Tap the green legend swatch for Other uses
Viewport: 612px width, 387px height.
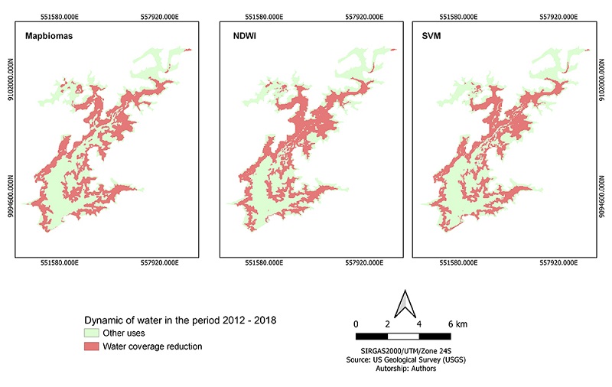click(91, 333)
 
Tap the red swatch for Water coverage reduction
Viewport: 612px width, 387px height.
click(91, 346)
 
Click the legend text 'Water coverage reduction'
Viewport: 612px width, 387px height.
click(153, 346)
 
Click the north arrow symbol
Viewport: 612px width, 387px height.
click(403, 304)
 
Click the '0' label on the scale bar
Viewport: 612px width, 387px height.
click(356, 324)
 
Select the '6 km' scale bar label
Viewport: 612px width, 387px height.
click(456, 324)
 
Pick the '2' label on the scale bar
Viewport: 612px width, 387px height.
click(388, 324)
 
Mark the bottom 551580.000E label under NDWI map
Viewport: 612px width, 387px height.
click(264, 264)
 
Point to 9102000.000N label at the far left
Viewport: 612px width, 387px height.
click(10, 86)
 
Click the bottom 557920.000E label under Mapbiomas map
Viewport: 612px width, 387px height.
click(157, 264)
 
